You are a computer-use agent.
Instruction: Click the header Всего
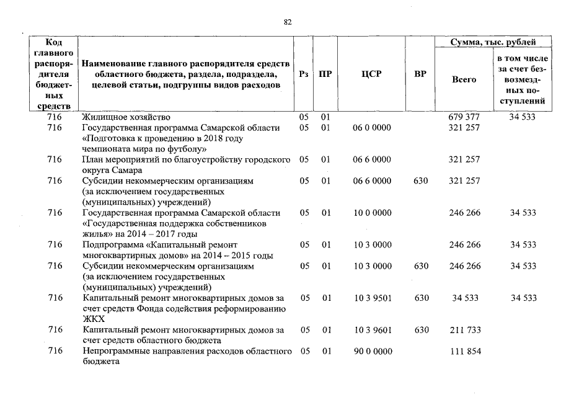point(464,79)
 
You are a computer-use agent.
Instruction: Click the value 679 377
point(464,117)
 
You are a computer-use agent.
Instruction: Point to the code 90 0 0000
point(372,352)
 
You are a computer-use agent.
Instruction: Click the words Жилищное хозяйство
point(126,117)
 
